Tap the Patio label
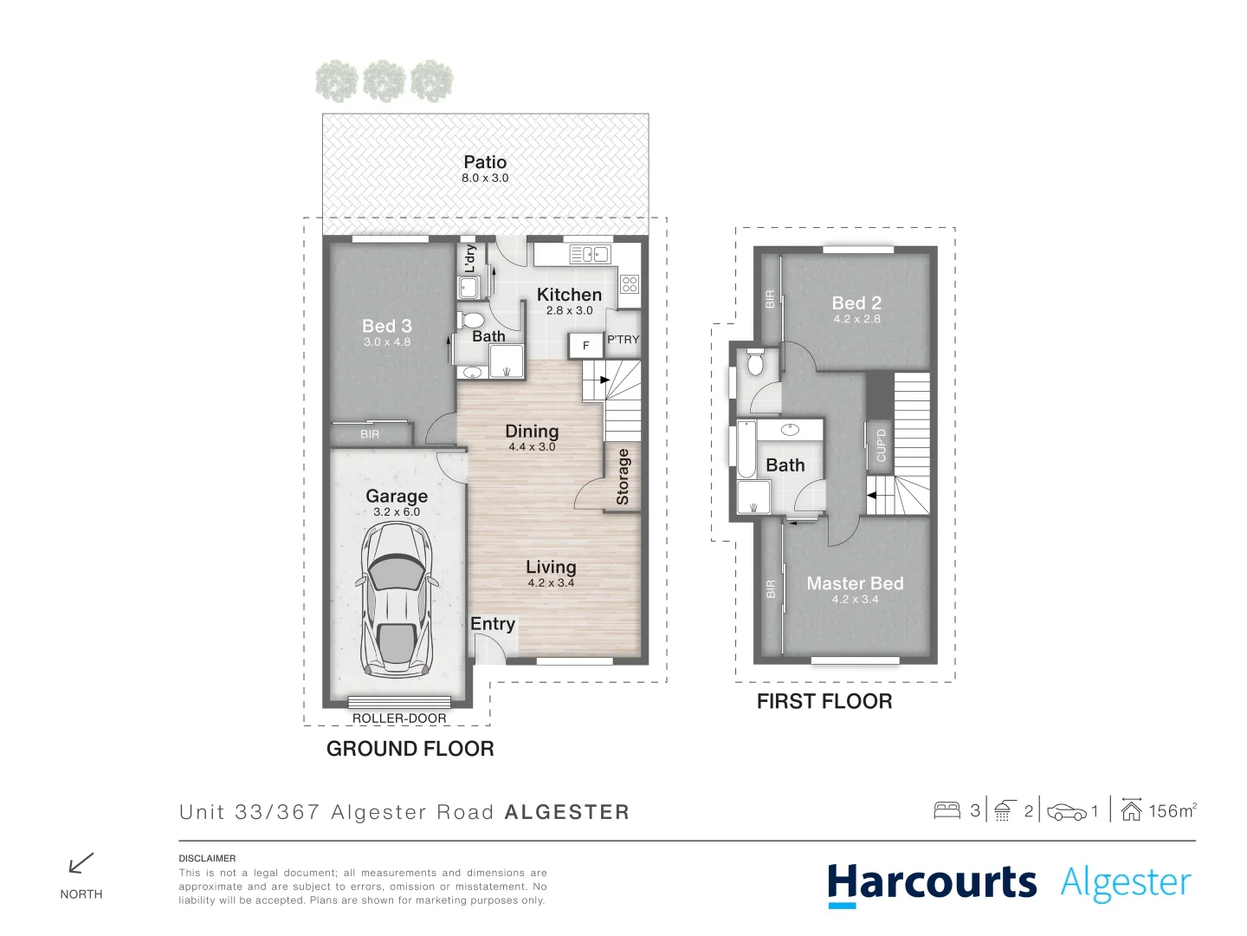[485, 162]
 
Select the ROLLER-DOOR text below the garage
[399, 718]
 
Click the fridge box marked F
[585, 346]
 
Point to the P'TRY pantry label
[623, 340]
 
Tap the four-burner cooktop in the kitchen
[630, 283]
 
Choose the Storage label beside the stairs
[623, 477]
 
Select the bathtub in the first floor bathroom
[746, 449]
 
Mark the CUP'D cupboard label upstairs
[881, 445]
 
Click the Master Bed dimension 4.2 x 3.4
[855, 600]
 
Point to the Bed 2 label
[856, 302]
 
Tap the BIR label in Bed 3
[370, 434]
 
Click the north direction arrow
[81, 863]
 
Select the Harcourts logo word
[932, 883]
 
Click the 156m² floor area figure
[1172, 811]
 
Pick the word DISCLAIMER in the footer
[207, 858]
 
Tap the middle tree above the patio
[384, 81]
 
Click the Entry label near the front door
[493, 624]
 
